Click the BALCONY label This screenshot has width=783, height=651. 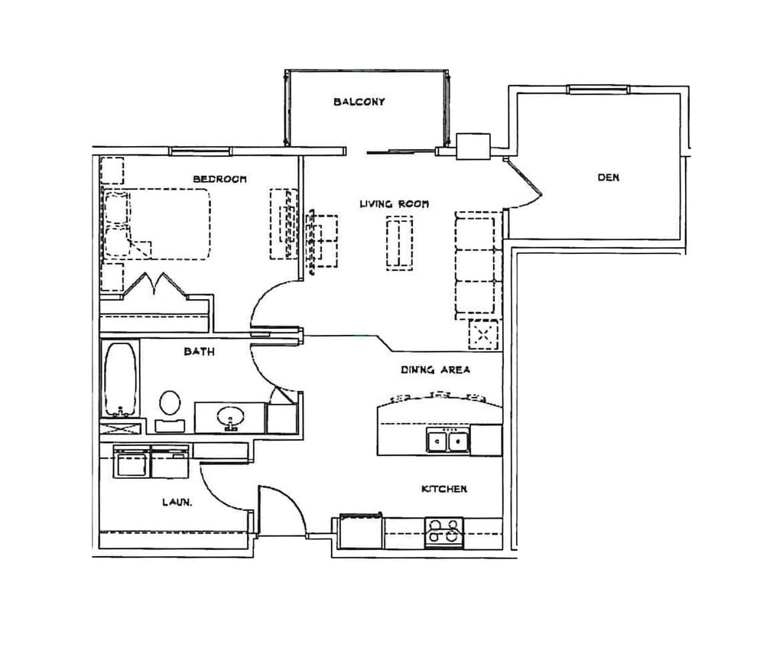359,102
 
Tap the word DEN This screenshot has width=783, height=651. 608,177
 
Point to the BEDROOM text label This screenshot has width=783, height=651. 219,179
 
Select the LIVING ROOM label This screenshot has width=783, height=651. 394,203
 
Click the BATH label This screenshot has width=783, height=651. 200,351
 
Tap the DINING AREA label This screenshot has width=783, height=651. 435,369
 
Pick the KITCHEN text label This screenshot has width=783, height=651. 444,489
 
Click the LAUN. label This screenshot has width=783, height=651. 177,502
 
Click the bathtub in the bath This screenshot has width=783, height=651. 120,379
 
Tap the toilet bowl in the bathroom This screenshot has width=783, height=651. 170,404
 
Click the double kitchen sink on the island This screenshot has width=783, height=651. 448,441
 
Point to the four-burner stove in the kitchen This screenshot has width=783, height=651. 444,533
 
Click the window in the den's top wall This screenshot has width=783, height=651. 597,90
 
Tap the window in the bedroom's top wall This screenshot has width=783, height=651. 200,151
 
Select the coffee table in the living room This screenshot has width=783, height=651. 399,243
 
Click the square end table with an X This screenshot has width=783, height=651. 483,334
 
